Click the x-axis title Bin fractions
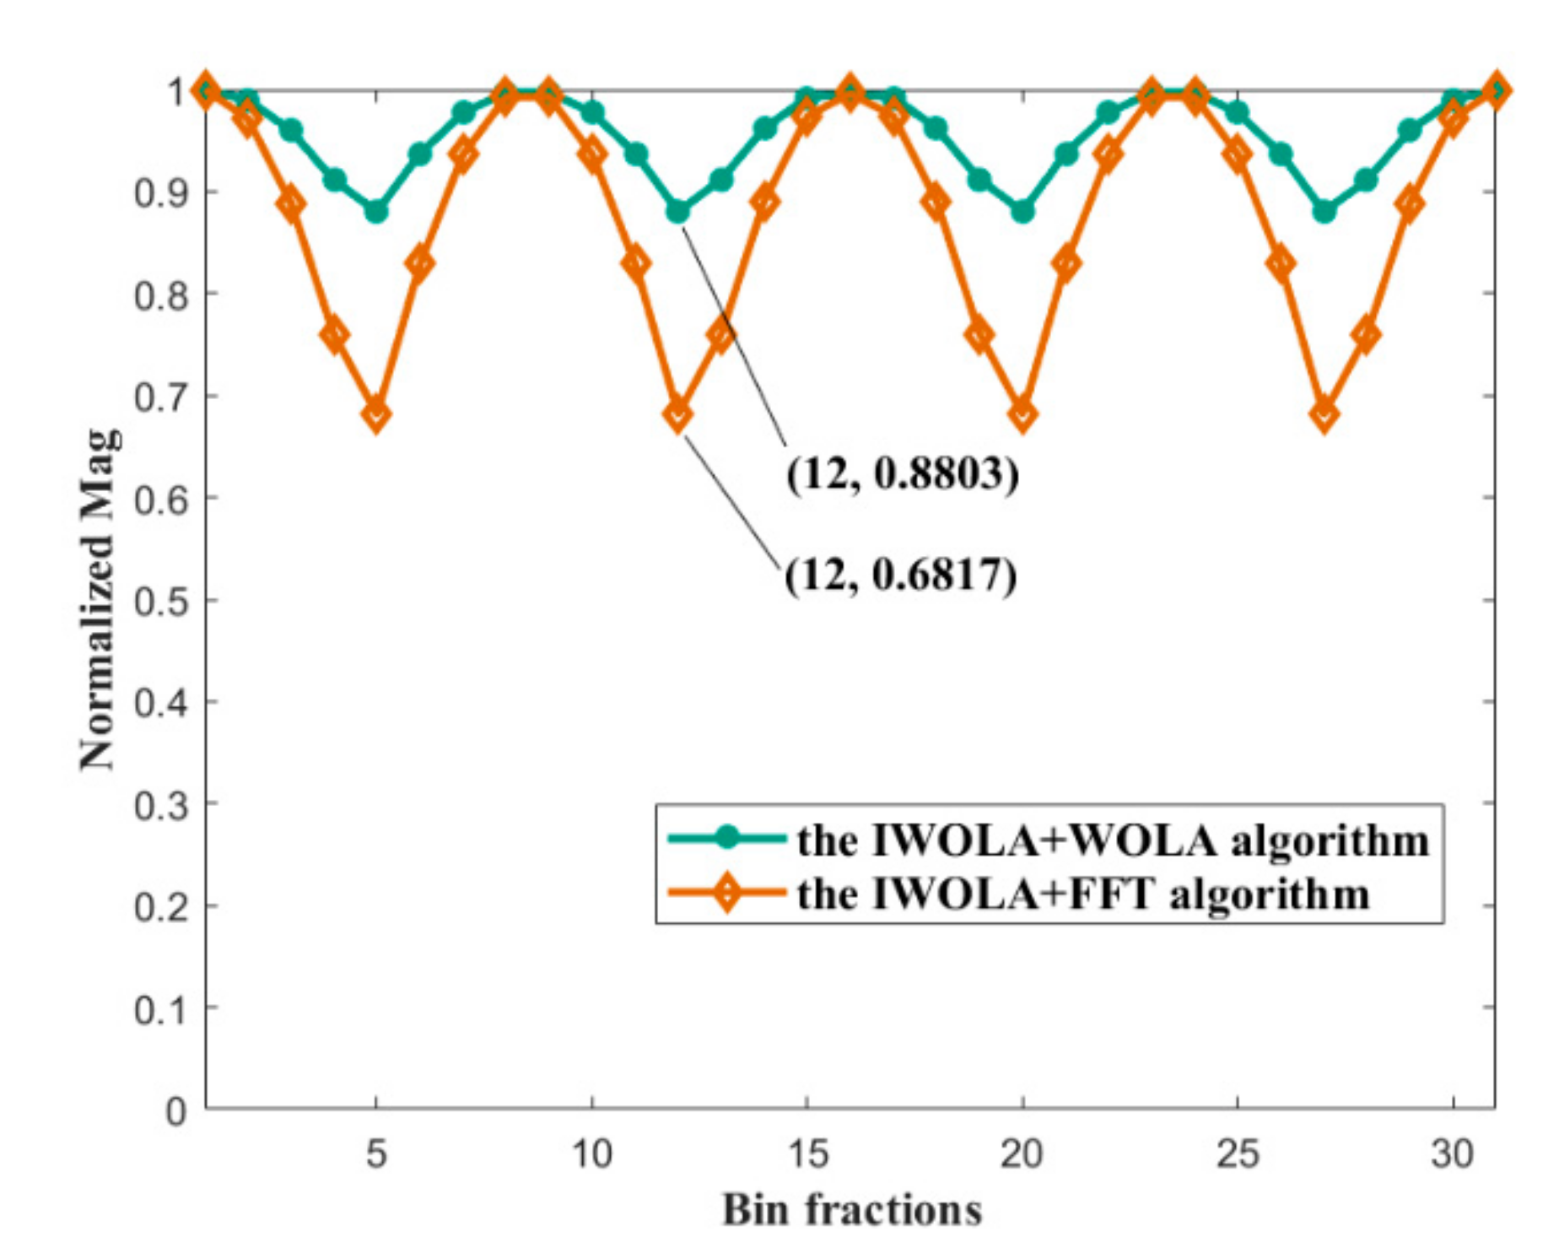851,1209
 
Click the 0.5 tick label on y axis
160,601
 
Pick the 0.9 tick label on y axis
160,193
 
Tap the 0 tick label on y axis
175,1110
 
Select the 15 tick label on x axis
807,1153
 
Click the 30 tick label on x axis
1452,1153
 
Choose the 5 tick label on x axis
376,1153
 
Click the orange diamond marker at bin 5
376,415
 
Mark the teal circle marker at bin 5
376,212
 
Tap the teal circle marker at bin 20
1022,212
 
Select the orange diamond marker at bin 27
1324,415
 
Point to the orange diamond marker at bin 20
1022,415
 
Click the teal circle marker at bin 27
1324,212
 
